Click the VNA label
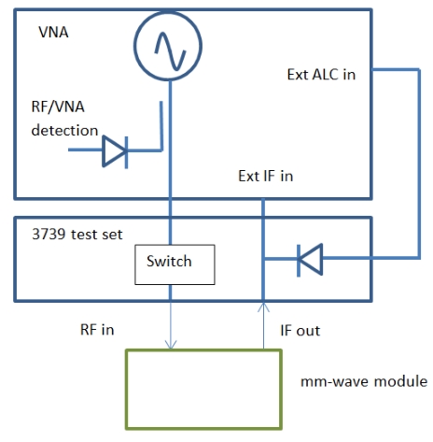53,32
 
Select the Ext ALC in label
321,75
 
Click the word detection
64,130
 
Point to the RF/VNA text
58,107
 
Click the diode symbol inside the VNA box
115,151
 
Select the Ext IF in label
266,176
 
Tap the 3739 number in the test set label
49,235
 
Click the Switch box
175,264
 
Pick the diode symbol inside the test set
310,260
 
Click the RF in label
97,330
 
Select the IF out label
300,331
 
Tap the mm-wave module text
364,381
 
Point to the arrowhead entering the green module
171,345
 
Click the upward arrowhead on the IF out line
263,307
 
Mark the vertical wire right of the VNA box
419,164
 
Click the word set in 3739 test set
113,235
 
